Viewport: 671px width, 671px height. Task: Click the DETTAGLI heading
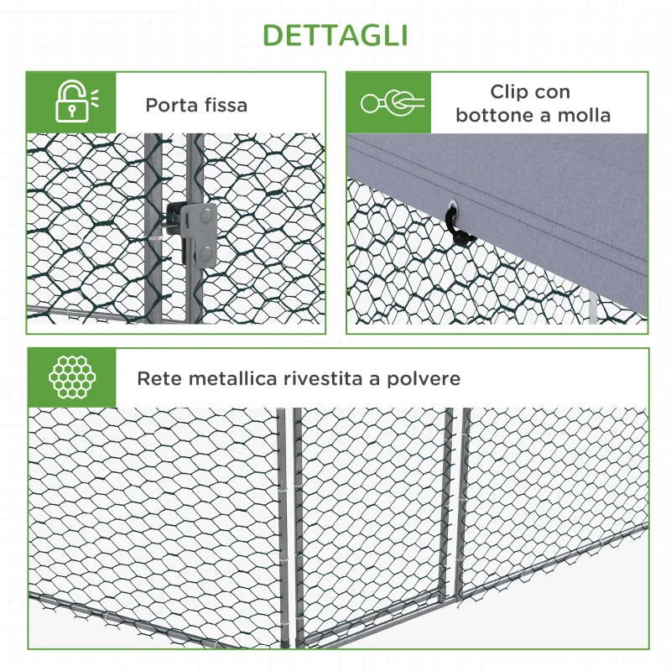coord(335,35)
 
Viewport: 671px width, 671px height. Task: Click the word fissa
coord(224,106)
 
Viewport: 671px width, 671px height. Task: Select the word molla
coord(586,116)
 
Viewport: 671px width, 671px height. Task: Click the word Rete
coord(159,378)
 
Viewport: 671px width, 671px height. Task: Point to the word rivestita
coord(323,378)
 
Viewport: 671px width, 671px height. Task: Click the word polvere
coord(424,379)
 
